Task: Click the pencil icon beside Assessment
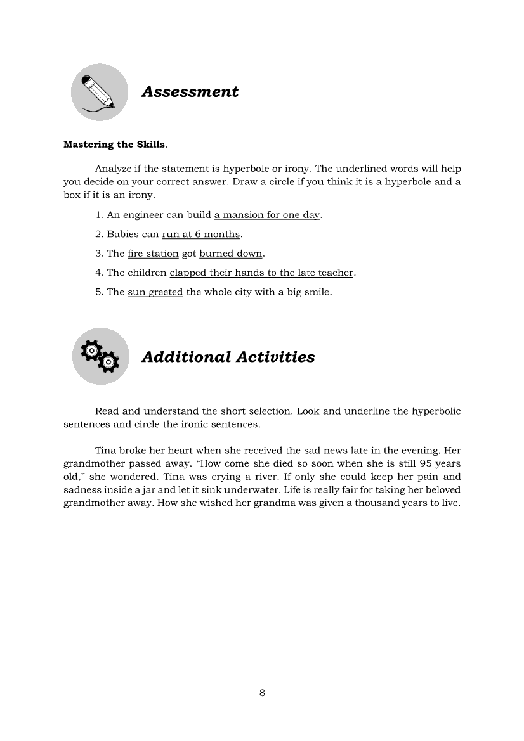pyautogui.click(x=99, y=92)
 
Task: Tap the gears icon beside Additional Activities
pyautogui.click(x=100, y=356)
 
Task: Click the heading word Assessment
pyautogui.click(x=190, y=92)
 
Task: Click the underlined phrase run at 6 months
pyautogui.click(x=201, y=235)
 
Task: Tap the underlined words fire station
pyautogui.click(x=153, y=254)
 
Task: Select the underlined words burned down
pyautogui.click(x=230, y=254)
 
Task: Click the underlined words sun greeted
pyautogui.click(x=155, y=292)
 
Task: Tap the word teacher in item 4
pyautogui.click(x=335, y=273)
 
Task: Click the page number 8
pyautogui.click(x=262, y=693)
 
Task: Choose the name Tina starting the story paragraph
pyautogui.click(x=106, y=451)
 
